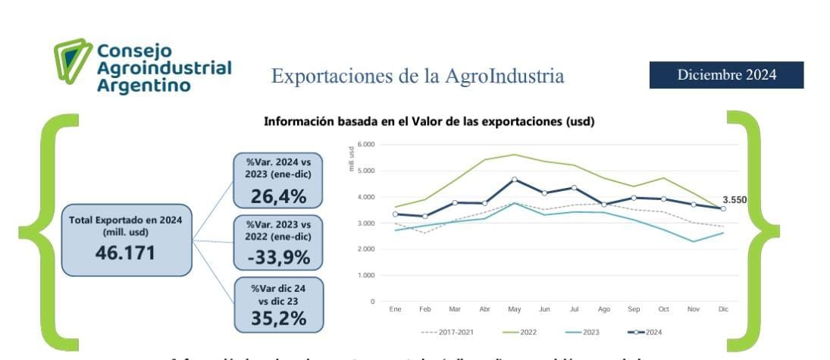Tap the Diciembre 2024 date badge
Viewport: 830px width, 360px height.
[726, 75]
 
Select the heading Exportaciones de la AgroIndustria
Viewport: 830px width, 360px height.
[418, 77]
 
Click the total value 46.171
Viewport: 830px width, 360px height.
[126, 252]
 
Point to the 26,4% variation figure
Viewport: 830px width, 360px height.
[279, 197]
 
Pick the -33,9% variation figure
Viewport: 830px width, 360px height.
[279, 258]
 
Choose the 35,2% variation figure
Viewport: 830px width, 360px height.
[279, 318]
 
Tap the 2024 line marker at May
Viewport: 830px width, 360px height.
[515, 180]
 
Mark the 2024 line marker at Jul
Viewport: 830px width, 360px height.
[574, 187]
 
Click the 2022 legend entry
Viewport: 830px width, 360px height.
[521, 332]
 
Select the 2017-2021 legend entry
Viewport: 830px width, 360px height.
[446, 332]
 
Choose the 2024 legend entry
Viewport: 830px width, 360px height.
[644, 332]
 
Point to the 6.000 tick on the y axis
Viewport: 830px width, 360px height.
[366, 144]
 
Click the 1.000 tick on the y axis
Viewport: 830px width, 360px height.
[366, 275]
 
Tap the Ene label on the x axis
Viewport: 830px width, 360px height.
[395, 310]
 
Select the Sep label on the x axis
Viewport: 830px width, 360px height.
[634, 310]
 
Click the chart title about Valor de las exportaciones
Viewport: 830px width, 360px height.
[428, 122]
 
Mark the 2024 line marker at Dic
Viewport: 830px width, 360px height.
[723, 208]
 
